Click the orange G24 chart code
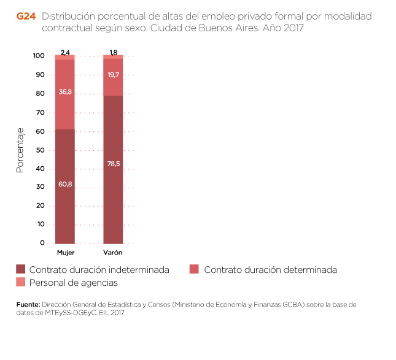click(x=26, y=17)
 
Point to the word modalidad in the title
click(x=349, y=17)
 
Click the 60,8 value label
click(x=65, y=184)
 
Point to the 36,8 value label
click(x=65, y=92)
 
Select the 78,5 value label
click(x=113, y=164)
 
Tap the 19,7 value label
click(x=113, y=75)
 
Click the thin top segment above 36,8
click(x=65, y=57)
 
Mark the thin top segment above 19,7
click(x=113, y=56)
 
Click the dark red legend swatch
click(x=21, y=269)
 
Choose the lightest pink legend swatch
click(x=21, y=282)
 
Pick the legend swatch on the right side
click(x=194, y=269)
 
